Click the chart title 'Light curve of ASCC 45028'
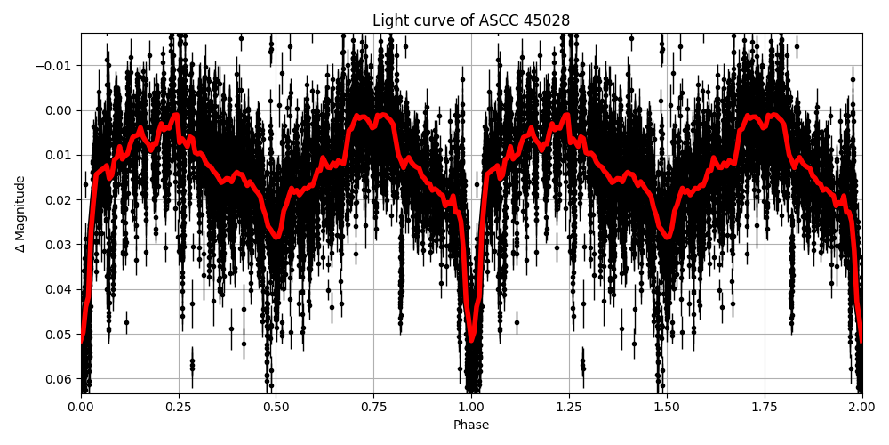coord(471,20)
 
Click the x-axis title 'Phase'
coord(471,425)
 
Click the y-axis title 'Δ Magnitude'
coord(20,214)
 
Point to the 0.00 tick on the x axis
coord(81,408)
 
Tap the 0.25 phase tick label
coord(179,408)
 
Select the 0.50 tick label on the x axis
coord(276,408)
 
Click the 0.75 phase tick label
coord(373,408)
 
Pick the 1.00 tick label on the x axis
coord(471,408)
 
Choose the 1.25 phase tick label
coord(569,408)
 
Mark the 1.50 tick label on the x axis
coord(667,408)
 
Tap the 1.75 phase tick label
coord(765,408)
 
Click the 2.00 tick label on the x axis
coord(861,408)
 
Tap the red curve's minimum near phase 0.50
coord(276,237)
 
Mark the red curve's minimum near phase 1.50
coord(667,237)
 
